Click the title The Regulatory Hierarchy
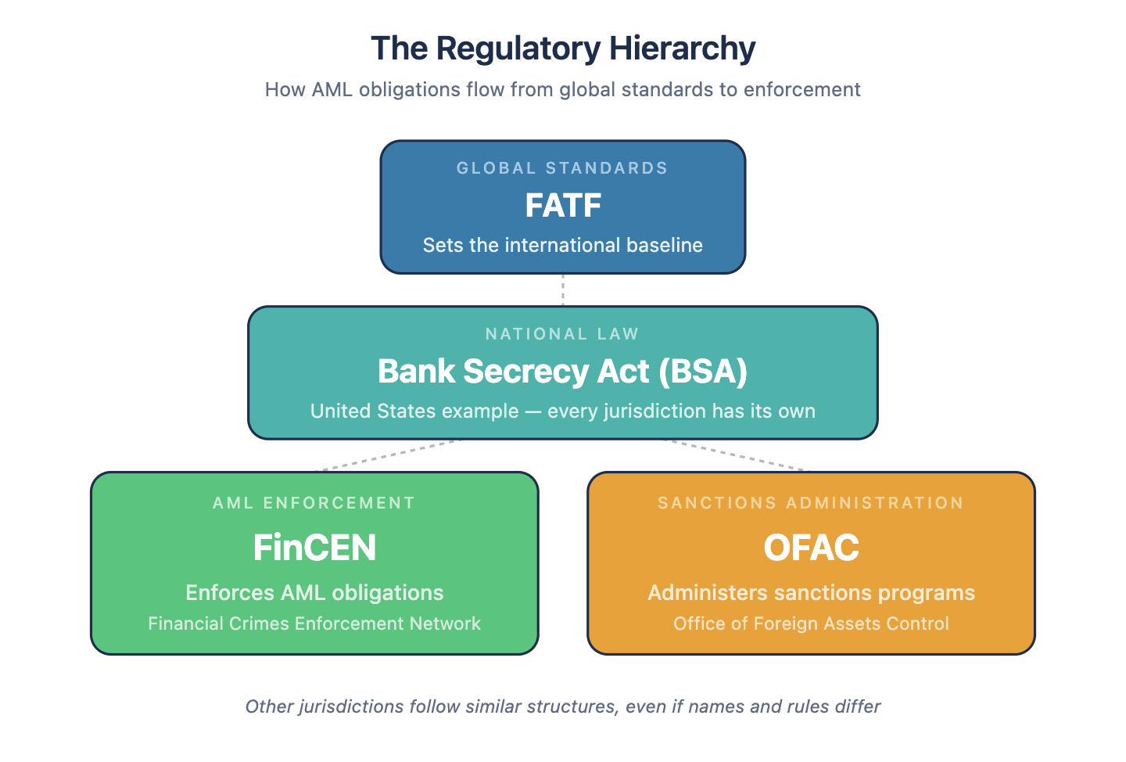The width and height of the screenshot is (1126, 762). point(563,49)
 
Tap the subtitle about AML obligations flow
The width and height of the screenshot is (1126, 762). point(562,89)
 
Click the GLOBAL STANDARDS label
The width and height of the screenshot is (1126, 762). point(562,168)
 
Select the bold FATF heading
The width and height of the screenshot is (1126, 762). point(563,205)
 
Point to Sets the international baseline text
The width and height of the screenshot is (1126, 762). point(562,245)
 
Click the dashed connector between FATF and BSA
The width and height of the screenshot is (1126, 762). point(562,290)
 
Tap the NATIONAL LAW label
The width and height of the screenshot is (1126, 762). point(562,334)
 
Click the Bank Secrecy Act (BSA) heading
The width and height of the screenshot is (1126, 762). point(562,371)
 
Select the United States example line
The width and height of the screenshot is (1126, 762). point(562,411)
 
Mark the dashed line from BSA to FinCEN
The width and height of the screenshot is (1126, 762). point(388,455)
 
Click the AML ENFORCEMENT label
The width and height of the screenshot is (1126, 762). point(314,503)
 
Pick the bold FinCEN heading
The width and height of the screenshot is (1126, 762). point(314,547)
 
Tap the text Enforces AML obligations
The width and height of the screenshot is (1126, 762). point(314,592)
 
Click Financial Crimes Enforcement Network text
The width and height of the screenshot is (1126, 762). point(314,624)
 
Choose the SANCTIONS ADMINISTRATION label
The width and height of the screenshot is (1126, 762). point(811,503)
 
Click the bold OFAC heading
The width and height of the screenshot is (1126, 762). point(812,547)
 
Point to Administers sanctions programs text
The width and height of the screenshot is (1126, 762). point(812,592)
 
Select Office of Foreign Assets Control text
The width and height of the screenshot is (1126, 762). point(812,624)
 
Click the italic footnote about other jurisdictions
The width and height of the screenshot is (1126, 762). point(562,706)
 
